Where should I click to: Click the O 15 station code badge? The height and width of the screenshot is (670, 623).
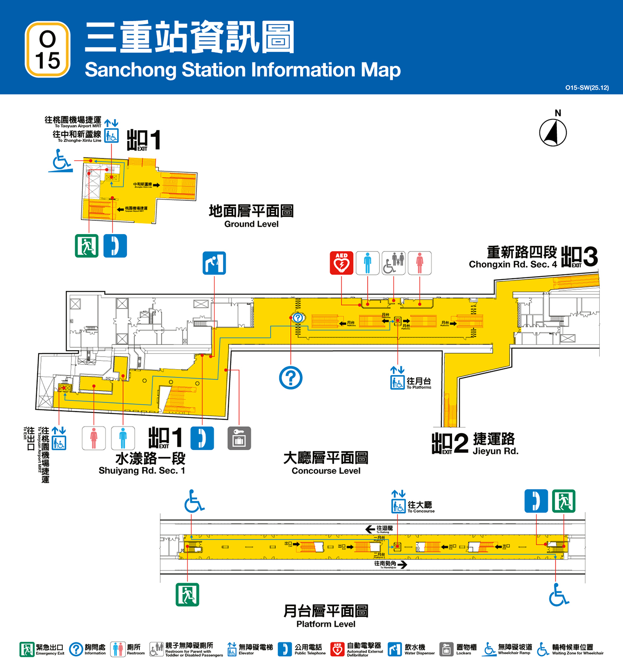tap(48, 49)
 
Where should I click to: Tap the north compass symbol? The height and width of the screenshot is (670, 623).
tap(553, 132)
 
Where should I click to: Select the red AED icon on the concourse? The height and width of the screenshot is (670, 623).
tap(341, 263)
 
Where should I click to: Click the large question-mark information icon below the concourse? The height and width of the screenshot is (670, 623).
tap(291, 378)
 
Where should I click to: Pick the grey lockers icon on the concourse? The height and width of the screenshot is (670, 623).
tap(239, 438)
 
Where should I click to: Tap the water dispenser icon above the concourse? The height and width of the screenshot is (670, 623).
tap(214, 263)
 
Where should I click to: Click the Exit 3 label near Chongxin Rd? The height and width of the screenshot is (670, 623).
tap(579, 257)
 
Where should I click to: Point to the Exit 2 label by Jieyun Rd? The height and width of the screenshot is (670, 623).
tap(450, 443)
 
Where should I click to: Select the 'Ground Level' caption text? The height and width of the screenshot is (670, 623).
tap(251, 224)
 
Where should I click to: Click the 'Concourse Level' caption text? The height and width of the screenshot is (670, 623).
tap(326, 471)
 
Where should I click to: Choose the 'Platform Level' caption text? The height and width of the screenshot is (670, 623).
tap(326, 624)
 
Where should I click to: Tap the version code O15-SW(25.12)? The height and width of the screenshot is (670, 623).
tap(587, 88)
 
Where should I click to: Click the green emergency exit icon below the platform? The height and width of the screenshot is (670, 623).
tap(187, 595)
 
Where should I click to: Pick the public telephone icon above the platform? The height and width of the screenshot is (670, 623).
tap(536, 501)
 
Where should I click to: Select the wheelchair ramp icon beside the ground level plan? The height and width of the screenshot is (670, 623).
tap(60, 161)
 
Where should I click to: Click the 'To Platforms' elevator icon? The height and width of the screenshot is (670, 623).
tap(398, 382)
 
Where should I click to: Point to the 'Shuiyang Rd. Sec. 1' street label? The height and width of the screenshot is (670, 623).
tap(142, 470)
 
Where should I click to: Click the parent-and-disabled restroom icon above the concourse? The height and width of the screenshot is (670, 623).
tap(393, 263)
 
